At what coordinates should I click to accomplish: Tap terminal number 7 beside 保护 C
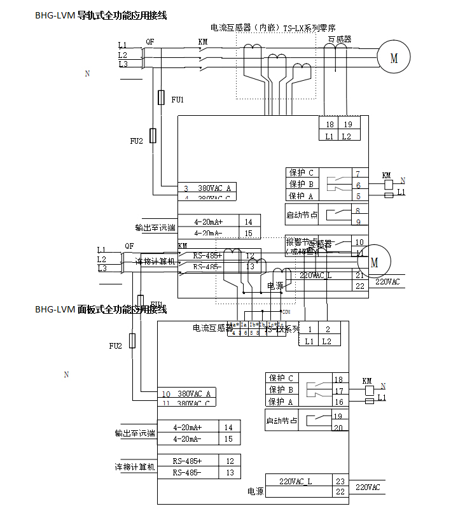[358, 173]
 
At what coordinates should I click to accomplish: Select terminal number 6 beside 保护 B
[358, 185]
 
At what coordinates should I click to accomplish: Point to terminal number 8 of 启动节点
[358, 210]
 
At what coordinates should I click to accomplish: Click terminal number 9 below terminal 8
[358, 221]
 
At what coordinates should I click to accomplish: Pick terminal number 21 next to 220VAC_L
[359, 275]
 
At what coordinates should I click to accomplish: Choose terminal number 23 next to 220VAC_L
[340, 481]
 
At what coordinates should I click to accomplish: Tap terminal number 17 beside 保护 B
[338, 390]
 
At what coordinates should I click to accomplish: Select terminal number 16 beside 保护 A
[338, 402]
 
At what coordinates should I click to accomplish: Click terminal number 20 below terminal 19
[338, 427]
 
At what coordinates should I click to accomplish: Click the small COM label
[286, 312]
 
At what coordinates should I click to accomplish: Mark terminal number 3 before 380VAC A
[186, 188]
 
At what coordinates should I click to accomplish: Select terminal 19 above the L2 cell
[347, 124]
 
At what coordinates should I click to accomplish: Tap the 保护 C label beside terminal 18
[281, 378]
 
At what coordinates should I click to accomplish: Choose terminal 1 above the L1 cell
[309, 329]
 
